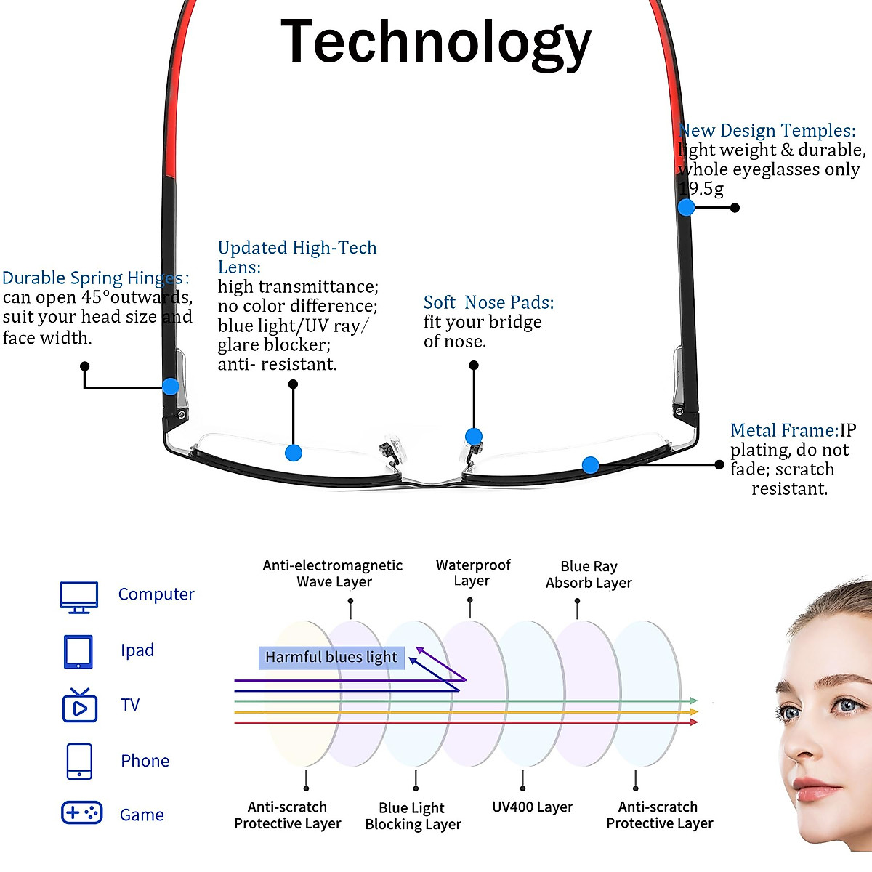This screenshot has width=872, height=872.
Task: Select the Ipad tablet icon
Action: coord(78,652)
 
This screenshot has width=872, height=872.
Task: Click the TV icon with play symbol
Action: coord(80,705)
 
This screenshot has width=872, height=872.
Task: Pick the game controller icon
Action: coord(81,812)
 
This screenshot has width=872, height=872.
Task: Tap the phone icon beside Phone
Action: coord(79,761)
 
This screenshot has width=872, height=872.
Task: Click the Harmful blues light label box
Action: coord(331,658)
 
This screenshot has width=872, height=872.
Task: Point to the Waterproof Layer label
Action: coord(473,573)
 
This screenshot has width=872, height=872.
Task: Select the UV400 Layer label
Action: coord(533,807)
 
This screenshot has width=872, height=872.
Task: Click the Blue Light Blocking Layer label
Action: coord(413,816)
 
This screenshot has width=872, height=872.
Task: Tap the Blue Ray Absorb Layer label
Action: coord(589,574)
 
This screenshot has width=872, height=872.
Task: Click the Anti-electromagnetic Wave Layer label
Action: coord(333,573)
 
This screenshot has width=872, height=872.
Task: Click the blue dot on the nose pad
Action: coord(474,437)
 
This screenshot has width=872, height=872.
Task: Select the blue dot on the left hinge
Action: coord(171,387)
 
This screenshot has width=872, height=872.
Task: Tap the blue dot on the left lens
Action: coord(294,453)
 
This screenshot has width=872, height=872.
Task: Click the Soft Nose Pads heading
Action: coord(488,302)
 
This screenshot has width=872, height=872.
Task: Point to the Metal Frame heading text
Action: coord(784,430)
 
